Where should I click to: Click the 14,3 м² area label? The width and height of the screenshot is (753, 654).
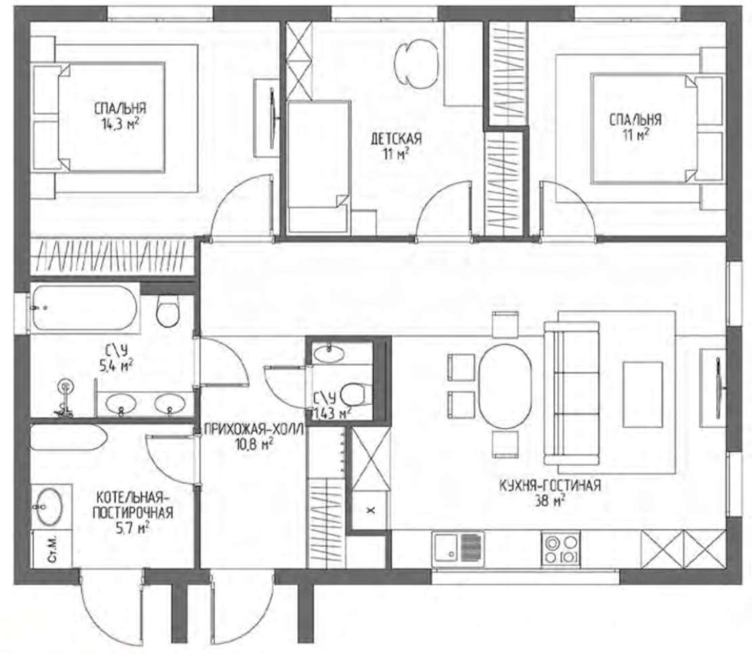click(120, 125)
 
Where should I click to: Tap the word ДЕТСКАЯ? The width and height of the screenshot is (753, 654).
click(396, 139)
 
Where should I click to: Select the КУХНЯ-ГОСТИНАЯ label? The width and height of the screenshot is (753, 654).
click(550, 485)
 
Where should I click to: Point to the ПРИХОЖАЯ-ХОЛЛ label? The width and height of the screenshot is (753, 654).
click(254, 429)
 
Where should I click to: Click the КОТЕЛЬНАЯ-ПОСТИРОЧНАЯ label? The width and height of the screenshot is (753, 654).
click(133, 504)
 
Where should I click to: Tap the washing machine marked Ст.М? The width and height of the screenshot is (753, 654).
click(52, 549)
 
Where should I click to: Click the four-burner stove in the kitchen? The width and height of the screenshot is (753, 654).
click(560, 549)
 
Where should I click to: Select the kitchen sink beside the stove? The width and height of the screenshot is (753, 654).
click(458, 549)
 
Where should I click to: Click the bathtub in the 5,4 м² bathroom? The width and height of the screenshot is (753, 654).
click(85, 308)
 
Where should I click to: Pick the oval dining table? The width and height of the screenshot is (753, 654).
click(505, 386)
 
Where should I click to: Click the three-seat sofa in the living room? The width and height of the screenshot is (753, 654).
click(572, 393)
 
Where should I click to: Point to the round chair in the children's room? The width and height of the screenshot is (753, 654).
click(416, 63)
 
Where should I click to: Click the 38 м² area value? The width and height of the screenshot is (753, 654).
click(550, 501)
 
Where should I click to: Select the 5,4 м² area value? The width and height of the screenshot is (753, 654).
click(116, 366)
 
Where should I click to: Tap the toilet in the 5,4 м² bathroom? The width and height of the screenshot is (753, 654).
click(168, 311)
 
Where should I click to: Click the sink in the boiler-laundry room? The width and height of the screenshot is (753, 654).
click(49, 507)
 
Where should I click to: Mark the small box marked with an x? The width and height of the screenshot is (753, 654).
click(371, 510)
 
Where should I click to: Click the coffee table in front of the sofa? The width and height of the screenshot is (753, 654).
click(643, 395)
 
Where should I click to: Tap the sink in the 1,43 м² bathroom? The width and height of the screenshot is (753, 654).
click(329, 353)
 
